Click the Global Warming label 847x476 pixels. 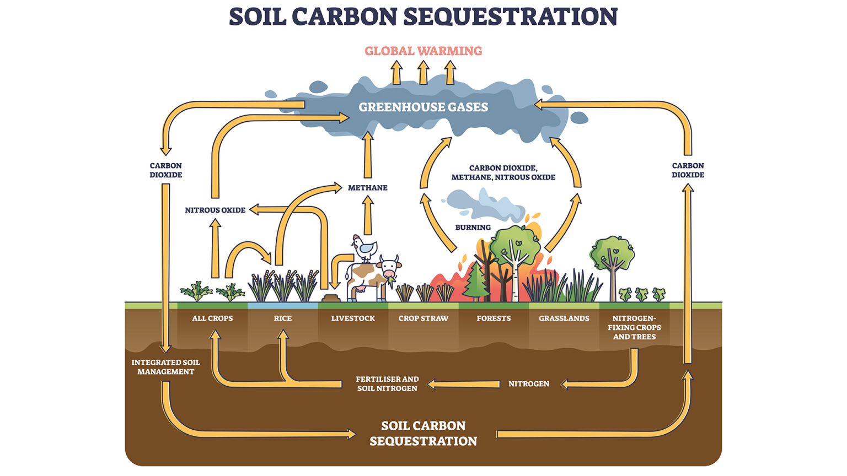423,51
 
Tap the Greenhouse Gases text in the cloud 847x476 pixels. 423,107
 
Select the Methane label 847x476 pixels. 367,188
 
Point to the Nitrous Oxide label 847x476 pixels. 215,210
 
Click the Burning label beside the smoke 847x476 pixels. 473,227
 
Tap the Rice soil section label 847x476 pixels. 282,318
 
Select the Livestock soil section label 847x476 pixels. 353,318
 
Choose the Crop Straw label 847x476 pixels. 423,318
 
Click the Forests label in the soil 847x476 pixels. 494,318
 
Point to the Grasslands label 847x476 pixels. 564,318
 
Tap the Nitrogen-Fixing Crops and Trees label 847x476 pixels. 634,327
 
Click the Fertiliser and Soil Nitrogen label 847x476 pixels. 387,383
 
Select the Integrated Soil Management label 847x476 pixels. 165,367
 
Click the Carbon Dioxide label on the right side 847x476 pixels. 688,170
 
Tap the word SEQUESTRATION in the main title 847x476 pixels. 518,17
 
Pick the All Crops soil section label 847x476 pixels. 212,318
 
